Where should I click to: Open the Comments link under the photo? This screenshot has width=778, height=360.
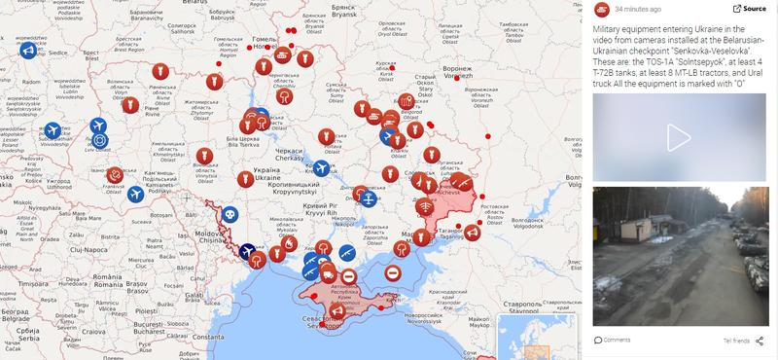[616, 340]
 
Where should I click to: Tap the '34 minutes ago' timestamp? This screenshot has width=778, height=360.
[638, 9]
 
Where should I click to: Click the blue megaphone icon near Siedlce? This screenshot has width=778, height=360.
[30, 51]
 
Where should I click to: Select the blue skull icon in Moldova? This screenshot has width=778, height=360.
[229, 213]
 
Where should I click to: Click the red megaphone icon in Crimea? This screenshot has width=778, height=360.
[338, 310]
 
